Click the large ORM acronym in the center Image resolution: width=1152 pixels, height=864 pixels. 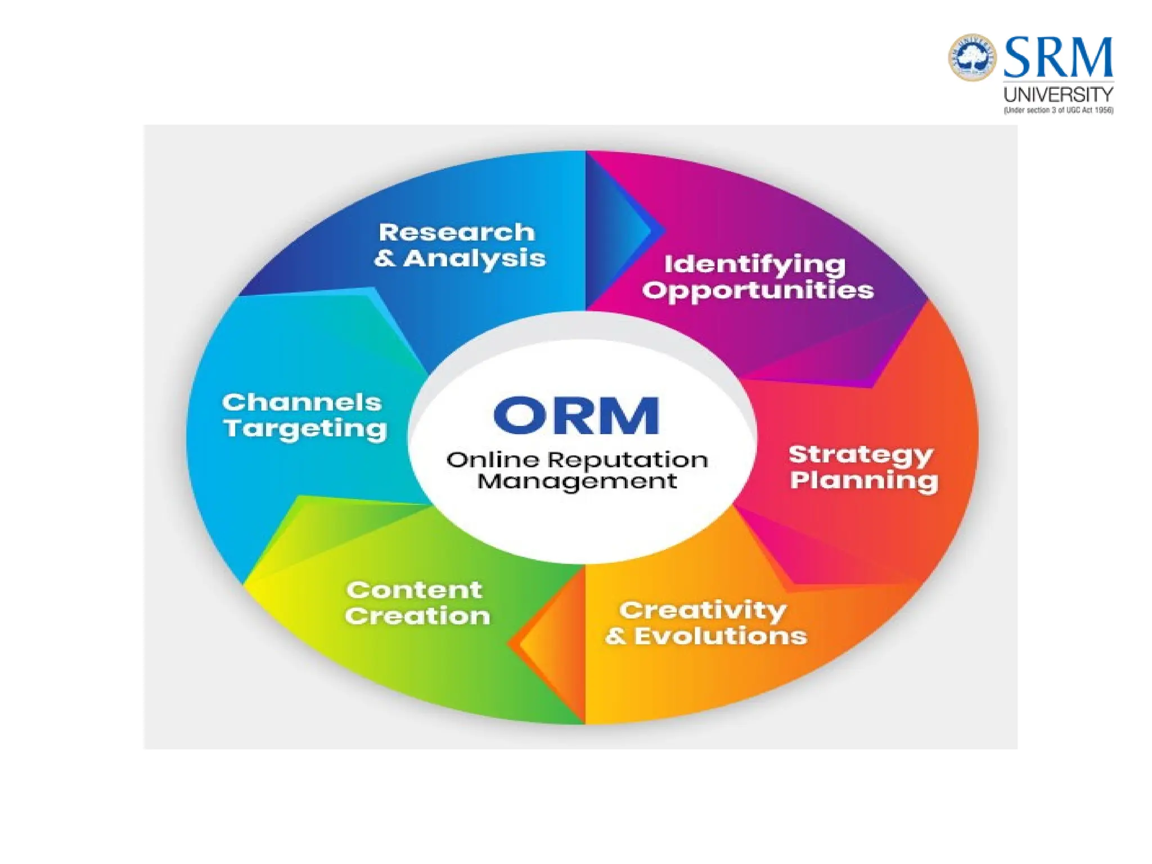click(576, 416)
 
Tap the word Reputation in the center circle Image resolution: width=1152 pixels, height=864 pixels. click(628, 461)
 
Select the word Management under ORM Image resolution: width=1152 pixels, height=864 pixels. click(577, 481)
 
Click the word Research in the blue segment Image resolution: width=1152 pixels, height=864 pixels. click(456, 232)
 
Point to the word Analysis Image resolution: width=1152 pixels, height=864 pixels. click(474, 259)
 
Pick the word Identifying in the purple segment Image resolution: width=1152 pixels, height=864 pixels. click(755, 265)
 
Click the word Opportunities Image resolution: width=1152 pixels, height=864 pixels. click(758, 291)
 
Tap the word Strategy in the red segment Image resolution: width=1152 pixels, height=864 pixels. click(861, 454)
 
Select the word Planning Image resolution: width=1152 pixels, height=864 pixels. click(864, 480)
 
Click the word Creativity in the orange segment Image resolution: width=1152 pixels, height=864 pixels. click(703, 610)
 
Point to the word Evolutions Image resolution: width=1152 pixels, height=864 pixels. click(721, 636)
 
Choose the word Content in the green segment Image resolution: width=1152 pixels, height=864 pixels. click(415, 590)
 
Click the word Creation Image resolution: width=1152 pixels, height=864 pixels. click(417, 616)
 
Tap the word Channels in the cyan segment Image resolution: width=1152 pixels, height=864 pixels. click(302, 403)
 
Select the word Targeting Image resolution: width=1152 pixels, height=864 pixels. click(305, 429)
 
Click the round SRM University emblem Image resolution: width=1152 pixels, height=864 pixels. click(973, 57)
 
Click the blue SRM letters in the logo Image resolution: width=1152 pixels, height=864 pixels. click(1058, 57)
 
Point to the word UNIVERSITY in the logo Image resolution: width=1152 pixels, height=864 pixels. click(1058, 94)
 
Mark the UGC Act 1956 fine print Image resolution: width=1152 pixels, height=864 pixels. click(1058, 110)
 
